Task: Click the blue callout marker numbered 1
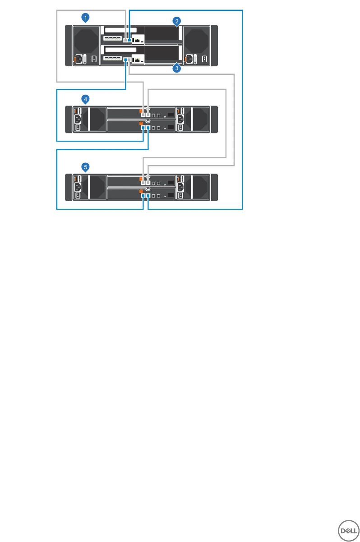(x=85, y=18)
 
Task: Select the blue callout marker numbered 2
(x=177, y=21)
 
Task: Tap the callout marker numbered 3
(x=177, y=69)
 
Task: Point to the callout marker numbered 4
(x=85, y=98)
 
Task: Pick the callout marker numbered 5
(x=85, y=167)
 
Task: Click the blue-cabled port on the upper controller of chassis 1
(x=130, y=40)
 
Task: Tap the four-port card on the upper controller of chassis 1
(x=113, y=38)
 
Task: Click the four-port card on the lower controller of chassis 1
(x=113, y=58)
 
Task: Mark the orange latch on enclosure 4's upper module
(x=141, y=111)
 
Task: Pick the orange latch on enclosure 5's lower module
(x=141, y=191)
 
